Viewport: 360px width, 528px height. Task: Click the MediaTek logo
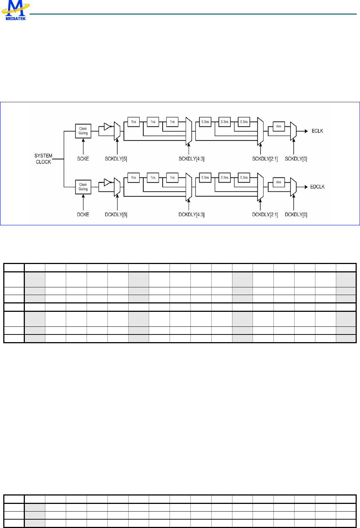click(x=15, y=10)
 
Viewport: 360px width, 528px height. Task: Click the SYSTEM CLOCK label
click(x=43, y=159)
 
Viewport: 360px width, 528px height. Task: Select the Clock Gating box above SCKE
click(x=83, y=131)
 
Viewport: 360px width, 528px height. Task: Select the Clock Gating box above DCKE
click(x=83, y=187)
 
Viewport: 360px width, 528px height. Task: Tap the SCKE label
click(x=83, y=159)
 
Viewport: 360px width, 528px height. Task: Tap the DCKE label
click(x=83, y=215)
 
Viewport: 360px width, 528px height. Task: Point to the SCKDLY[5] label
click(x=116, y=159)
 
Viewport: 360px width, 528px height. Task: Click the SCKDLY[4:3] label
click(x=192, y=159)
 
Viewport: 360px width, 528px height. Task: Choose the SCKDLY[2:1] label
click(x=265, y=159)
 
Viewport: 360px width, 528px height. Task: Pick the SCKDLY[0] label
click(x=296, y=159)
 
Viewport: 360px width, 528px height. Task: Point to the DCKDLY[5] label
click(x=116, y=215)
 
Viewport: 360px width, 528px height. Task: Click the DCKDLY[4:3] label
click(x=192, y=215)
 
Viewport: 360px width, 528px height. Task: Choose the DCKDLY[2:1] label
click(x=265, y=215)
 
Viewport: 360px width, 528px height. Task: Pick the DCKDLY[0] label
click(x=296, y=215)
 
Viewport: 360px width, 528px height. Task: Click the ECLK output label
click(x=317, y=131)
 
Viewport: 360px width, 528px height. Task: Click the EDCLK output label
click(x=317, y=187)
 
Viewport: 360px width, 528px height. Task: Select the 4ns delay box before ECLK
click(x=278, y=126)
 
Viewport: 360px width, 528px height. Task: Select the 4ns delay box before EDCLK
click(x=278, y=182)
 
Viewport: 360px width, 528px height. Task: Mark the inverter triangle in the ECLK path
click(x=107, y=127)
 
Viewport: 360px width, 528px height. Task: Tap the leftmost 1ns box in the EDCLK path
click(x=134, y=177)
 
